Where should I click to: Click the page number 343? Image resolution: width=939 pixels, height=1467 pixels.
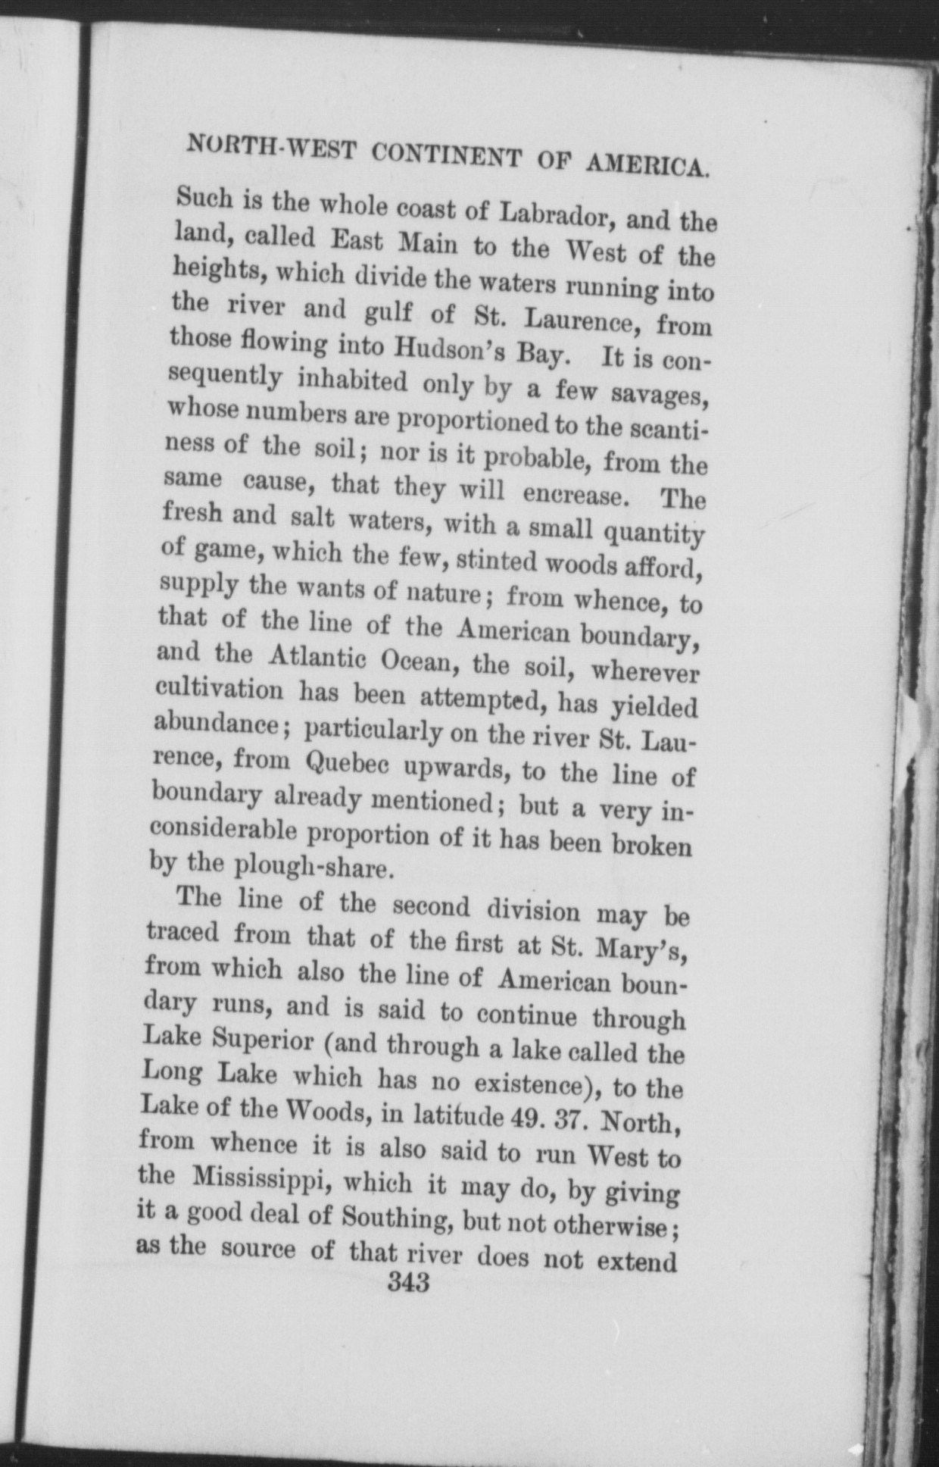tap(407, 1283)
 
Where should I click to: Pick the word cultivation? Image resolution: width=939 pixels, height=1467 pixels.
tap(220, 690)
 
